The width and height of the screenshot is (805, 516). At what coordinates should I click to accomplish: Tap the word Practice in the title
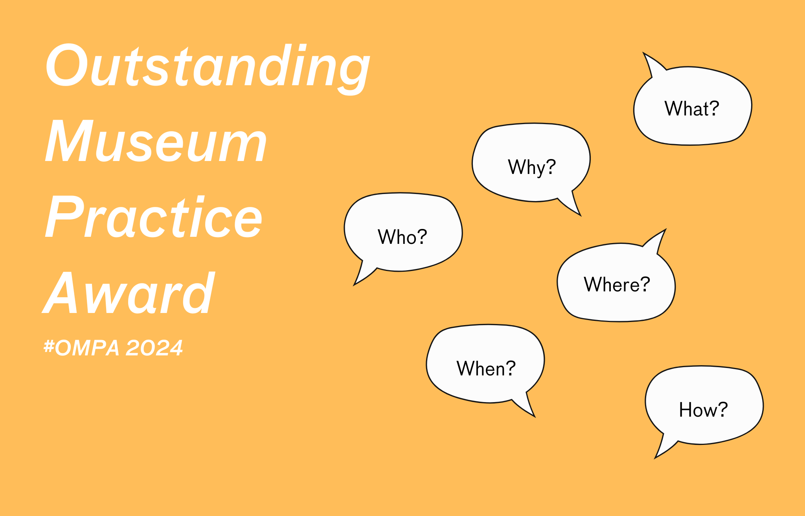(153, 216)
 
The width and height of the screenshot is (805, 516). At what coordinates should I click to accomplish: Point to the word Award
(129, 293)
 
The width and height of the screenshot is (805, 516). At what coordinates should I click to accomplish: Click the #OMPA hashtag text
(81, 348)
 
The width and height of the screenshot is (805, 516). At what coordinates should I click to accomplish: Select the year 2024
(154, 348)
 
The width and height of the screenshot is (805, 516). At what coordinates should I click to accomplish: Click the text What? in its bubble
(692, 108)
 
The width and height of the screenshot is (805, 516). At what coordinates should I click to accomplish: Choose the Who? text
(402, 237)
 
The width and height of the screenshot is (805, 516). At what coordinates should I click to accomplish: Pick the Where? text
(617, 284)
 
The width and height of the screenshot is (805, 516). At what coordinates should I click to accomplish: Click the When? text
(486, 368)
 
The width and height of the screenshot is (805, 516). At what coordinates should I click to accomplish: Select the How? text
(703, 410)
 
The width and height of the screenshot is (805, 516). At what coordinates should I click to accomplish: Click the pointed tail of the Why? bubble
(581, 215)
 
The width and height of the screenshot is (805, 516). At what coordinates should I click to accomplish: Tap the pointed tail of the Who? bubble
(354, 285)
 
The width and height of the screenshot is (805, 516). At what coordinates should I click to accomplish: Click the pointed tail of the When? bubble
(535, 416)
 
